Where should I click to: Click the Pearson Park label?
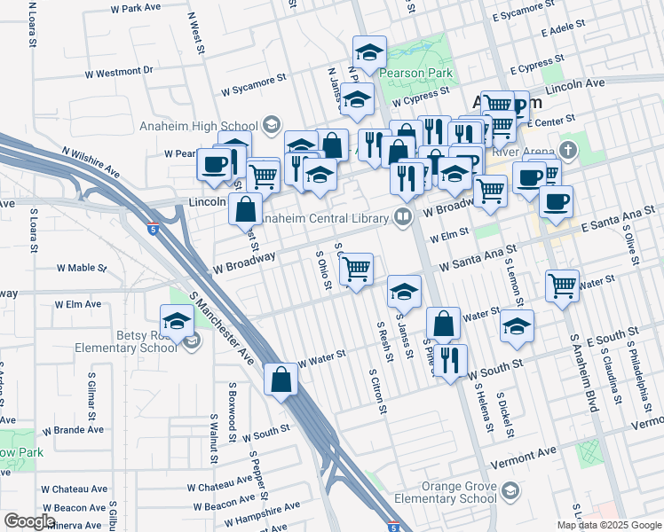[416, 74]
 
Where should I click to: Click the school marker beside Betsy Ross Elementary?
[177, 323]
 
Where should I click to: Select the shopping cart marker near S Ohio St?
[356, 269]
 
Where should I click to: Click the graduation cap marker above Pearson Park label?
[368, 52]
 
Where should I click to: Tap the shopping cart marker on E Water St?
[563, 286]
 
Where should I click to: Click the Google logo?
[29, 521]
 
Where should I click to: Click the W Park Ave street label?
[135, 8]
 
